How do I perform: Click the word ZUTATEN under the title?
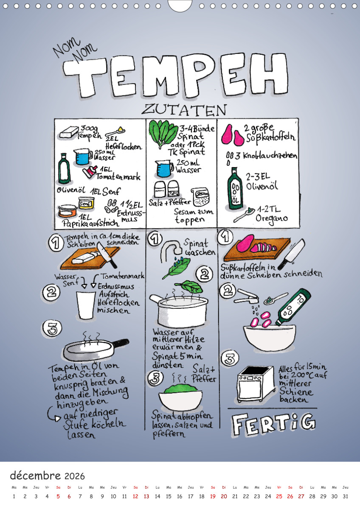(184, 110)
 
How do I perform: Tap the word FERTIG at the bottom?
(273, 424)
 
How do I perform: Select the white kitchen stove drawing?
(256, 384)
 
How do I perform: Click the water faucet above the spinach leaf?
(172, 250)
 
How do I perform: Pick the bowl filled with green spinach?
(180, 397)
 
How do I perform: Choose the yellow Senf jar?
(86, 203)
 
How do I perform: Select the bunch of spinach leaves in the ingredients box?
(163, 134)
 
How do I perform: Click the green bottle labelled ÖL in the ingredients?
(235, 188)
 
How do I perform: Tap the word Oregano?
(272, 219)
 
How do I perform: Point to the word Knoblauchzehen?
(270, 156)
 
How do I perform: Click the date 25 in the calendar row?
(279, 497)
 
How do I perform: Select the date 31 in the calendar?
(346, 497)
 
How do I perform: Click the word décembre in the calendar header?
(35, 475)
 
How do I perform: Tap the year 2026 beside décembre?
(75, 476)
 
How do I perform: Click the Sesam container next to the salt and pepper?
(200, 197)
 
